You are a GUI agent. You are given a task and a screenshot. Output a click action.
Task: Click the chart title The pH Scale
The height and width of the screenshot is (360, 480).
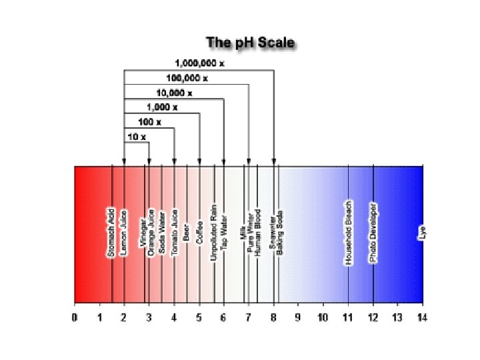tap(250, 43)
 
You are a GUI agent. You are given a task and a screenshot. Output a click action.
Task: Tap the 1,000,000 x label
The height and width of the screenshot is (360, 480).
tap(200, 63)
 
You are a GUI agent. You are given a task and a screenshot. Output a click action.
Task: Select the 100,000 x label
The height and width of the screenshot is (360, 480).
tap(187, 79)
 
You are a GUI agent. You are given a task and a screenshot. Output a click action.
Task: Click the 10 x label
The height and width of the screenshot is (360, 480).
tap(136, 136)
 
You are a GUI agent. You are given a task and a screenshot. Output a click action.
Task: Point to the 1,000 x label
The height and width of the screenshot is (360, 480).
tap(161, 107)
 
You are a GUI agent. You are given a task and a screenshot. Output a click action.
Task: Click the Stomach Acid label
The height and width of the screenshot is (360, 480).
tap(111, 233)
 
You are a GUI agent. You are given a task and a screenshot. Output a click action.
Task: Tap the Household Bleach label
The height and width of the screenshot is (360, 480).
tap(348, 233)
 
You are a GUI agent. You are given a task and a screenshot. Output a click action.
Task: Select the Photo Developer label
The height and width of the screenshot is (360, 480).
tap(373, 233)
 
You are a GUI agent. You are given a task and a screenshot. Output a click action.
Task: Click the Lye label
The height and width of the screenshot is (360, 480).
tap(421, 233)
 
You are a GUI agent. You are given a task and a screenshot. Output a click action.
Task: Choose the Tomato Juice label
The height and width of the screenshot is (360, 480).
tap(174, 233)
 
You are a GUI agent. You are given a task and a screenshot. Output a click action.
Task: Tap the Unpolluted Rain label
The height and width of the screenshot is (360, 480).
tap(214, 231)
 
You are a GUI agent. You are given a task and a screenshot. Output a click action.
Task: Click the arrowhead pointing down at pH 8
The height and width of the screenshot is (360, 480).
tap(274, 161)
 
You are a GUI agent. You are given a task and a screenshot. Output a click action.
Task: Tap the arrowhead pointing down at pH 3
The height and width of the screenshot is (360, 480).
tap(149, 161)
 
